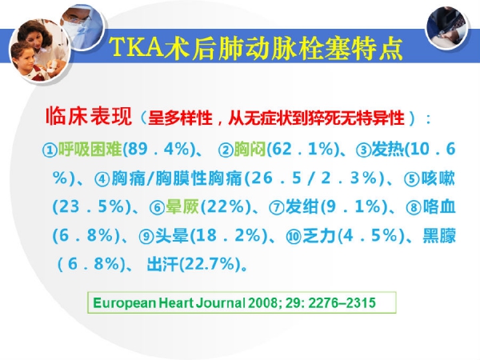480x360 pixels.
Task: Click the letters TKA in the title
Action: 137,47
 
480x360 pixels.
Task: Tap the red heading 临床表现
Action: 89,116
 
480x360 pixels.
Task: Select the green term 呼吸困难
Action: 90,150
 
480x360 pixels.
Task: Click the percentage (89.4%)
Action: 158,150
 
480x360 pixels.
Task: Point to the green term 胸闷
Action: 250,150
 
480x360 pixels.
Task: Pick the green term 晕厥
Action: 182,206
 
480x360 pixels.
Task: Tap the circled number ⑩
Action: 294,237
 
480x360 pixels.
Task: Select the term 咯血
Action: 439,206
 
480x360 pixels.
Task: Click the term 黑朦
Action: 439,235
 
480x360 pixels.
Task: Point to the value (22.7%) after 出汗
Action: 210,264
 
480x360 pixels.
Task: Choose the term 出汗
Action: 162,264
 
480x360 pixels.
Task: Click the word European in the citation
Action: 124,303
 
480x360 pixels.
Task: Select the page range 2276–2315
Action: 342,302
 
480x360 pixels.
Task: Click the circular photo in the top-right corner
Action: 447,27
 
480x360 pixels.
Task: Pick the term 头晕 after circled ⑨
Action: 172,235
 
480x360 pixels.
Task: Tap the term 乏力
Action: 319,235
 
